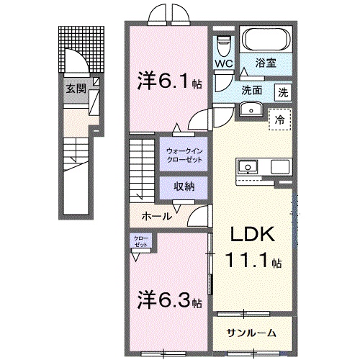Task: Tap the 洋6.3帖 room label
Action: (x=170, y=300)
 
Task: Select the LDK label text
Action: (x=253, y=234)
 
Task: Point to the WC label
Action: (x=224, y=63)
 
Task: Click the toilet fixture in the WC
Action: (x=223, y=46)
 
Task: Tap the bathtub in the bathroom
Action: (x=266, y=40)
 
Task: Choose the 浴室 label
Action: (x=266, y=63)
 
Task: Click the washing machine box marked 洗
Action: (x=283, y=92)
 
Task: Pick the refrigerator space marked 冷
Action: (x=280, y=120)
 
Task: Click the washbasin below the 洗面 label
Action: (x=251, y=109)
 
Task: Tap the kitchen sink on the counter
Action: (x=248, y=167)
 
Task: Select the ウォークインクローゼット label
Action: (x=184, y=156)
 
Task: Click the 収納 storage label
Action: (x=184, y=186)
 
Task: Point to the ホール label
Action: (x=157, y=217)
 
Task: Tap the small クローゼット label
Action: (x=141, y=242)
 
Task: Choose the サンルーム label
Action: (x=251, y=333)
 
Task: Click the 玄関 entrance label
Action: (x=76, y=89)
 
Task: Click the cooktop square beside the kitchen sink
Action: (x=280, y=167)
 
